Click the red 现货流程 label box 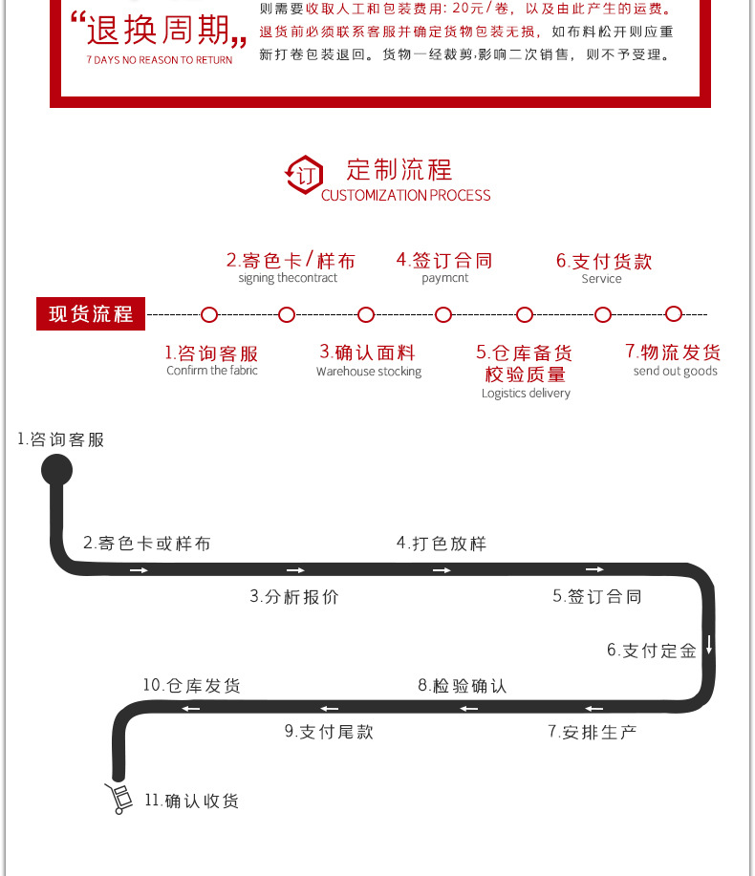tap(91, 313)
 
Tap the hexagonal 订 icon tap(305, 176)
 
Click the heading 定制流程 tap(399, 170)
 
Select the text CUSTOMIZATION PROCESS tap(405, 196)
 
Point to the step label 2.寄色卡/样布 tap(290, 260)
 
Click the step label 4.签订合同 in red tap(444, 260)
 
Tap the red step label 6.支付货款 tap(604, 261)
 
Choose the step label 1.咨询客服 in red tap(211, 353)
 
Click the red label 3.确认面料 tap(368, 353)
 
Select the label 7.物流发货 tap(674, 353)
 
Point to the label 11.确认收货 tap(191, 801)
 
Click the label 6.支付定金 tap(652, 651)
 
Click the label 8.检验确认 tap(462, 685)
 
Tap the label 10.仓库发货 tap(191, 685)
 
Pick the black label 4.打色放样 tap(442, 543)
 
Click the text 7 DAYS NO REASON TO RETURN tap(159, 60)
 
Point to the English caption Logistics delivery tap(526, 394)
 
